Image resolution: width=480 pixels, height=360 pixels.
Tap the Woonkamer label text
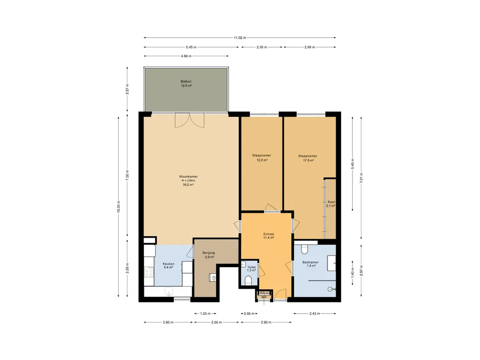click(x=188, y=177)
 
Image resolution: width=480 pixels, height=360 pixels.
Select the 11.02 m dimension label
click(x=240, y=37)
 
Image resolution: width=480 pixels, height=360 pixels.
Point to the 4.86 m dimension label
click(x=186, y=56)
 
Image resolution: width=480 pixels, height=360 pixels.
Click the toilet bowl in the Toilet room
click(x=248, y=280)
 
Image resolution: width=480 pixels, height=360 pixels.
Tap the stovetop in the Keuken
click(x=149, y=272)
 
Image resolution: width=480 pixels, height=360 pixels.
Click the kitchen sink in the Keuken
click(x=168, y=292)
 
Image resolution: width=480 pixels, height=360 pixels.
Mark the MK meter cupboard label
click(x=264, y=297)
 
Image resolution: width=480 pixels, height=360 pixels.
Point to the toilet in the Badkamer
click(x=304, y=250)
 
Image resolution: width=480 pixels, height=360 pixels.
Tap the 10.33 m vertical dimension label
click(x=119, y=207)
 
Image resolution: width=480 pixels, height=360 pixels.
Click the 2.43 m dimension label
click(x=315, y=314)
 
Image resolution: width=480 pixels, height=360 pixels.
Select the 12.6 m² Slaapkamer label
click(x=262, y=157)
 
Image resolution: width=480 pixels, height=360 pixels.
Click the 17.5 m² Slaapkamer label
click(x=308, y=158)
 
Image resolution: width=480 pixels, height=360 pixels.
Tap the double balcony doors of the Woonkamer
click(x=189, y=120)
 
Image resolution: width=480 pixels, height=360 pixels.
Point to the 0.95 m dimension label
click(x=249, y=314)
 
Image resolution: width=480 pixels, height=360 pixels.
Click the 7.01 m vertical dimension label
click(x=361, y=178)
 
